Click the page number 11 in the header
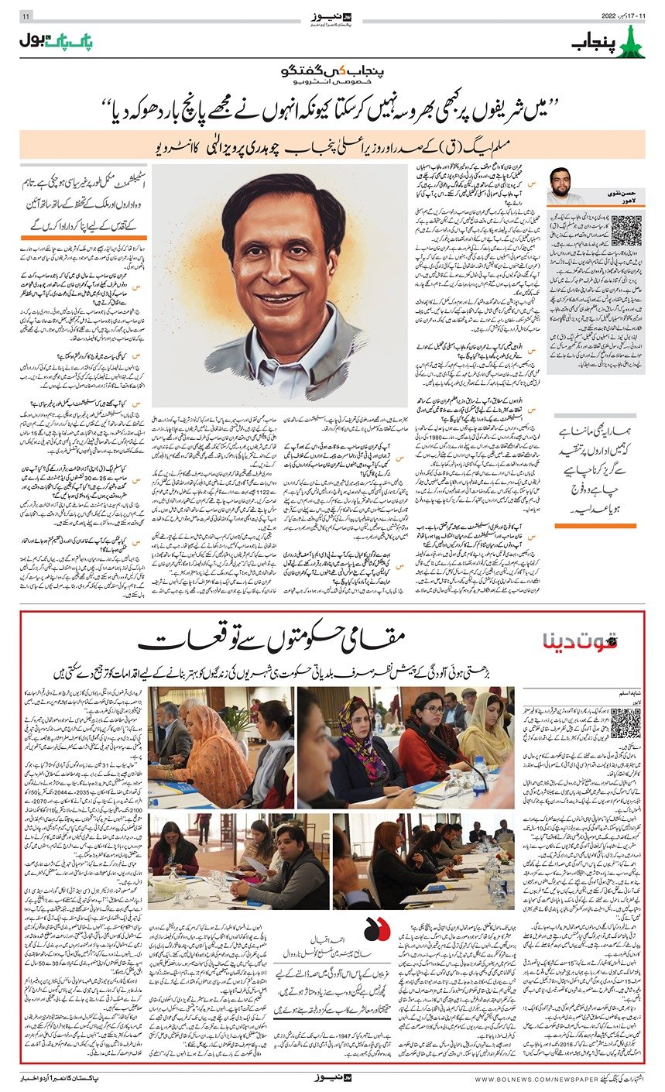click(26, 16)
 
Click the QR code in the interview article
click(626, 231)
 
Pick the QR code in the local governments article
click(626, 723)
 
